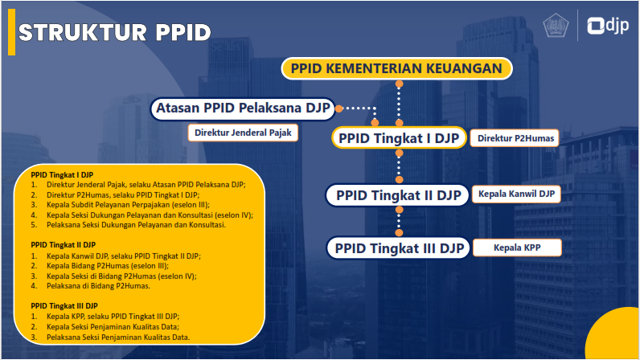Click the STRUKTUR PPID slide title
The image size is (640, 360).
tap(114, 32)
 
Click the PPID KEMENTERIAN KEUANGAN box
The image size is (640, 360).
tap(396, 69)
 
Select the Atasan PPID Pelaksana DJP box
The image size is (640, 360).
tap(244, 108)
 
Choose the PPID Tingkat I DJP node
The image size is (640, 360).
tap(399, 138)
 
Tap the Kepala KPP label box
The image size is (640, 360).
tap(515, 247)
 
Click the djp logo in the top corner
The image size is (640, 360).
tap(608, 27)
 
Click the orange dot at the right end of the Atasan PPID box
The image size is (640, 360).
tap(339, 108)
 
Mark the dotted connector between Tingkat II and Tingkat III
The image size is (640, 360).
tap(398, 222)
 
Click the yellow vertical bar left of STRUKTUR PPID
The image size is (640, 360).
tap(11, 32)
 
